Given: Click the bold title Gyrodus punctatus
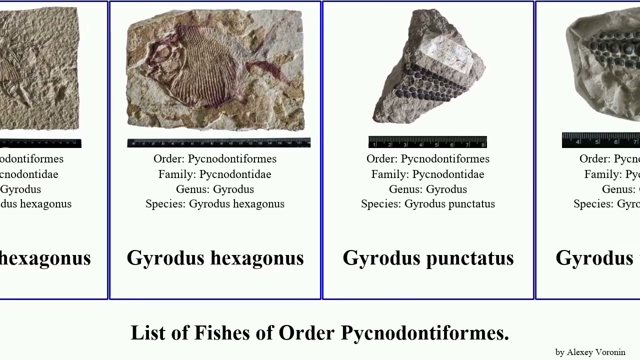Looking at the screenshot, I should [428, 258].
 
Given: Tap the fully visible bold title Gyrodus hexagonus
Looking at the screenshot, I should [215, 258].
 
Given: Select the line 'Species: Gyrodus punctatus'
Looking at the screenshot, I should [428, 204].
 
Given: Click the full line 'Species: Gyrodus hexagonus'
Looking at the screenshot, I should [215, 204].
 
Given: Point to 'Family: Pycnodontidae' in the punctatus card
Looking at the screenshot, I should [428, 174].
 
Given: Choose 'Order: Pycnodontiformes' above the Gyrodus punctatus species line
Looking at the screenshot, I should [428, 159].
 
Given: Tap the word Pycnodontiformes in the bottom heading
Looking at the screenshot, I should [424, 333].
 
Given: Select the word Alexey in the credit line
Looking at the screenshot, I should [577, 352].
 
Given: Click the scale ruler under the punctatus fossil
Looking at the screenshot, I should [427, 142].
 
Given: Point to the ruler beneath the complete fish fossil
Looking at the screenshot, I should [218, 143].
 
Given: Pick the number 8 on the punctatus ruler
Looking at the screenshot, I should [483, 144].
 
